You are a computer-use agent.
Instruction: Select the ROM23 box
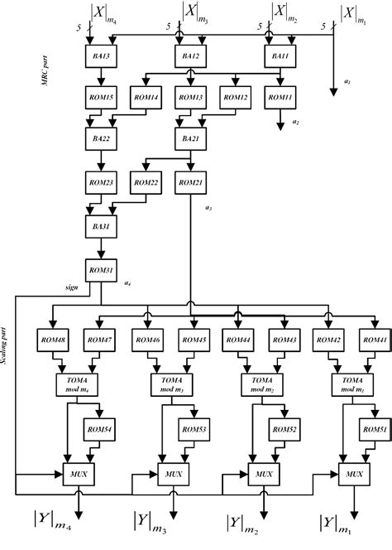click(101, 183)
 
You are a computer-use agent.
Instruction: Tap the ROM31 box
click(101, 268)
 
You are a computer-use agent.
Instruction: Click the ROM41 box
click(372, 340)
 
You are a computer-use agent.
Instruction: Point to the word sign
click(72, 287)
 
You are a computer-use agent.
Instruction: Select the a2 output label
click(296, 123)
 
